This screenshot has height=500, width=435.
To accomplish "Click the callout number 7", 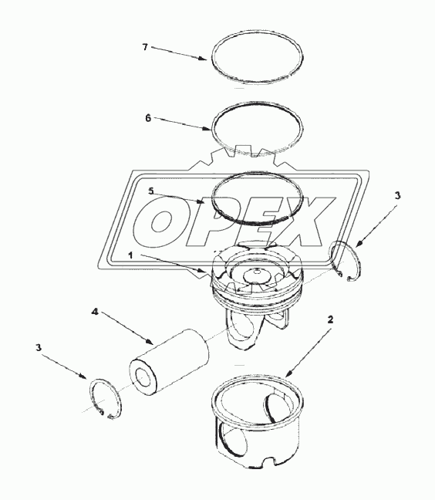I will (144, 47).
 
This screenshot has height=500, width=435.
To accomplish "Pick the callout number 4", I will (95, 312).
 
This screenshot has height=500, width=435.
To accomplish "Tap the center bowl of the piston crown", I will (255, 274).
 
